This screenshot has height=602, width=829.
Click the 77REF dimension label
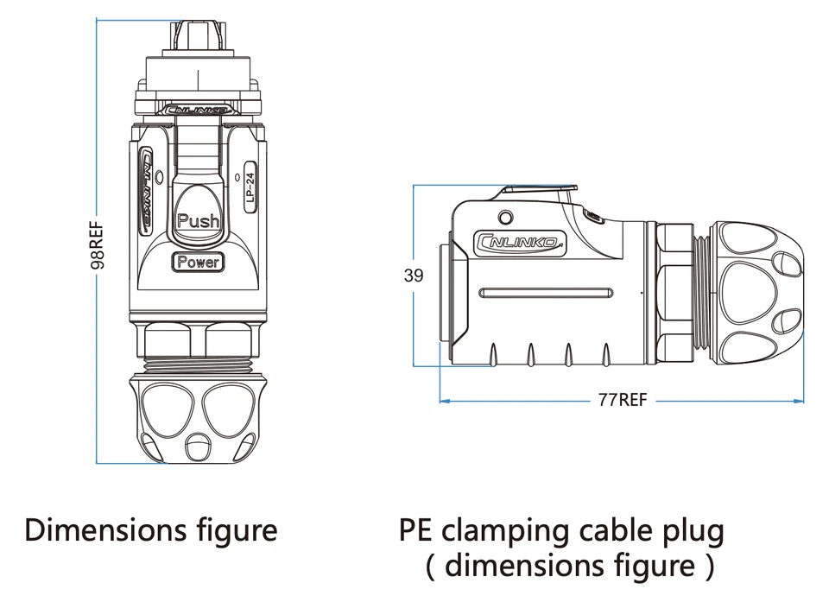pyautogui.click(x=622, y=400)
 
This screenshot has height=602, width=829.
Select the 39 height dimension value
pyautogui.click(x=414, y=276)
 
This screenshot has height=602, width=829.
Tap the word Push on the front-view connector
pyautogui.click(x=198, y=220)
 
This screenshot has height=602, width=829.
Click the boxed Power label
pyautogui.click(x=198, y=262)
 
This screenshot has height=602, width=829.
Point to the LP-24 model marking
pyautogui.click(x=250, y=186)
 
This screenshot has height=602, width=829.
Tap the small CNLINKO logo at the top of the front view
pyautogui.click(x=198, y=111)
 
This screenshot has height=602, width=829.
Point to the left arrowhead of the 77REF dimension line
pyautogui.click(x=444, y=401)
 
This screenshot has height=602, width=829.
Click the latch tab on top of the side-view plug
pyautogui.click(x=540, y=189)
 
